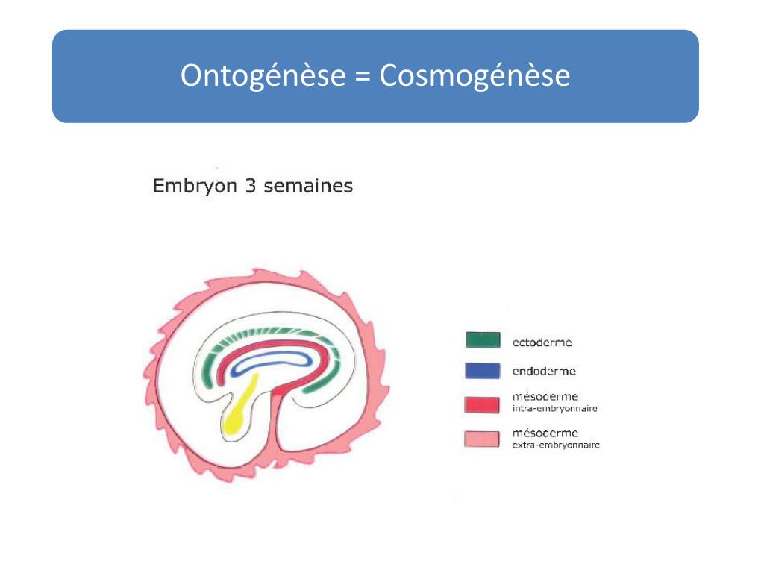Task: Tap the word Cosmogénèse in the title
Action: click(x=475, y=77)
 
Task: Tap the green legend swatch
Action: click(x=482, y=340)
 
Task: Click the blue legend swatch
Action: click(x=482, y=370)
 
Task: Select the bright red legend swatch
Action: click(x=482, y=404)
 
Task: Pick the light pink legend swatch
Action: click(x=482, y=439)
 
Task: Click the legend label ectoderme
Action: click(x=542, y=343)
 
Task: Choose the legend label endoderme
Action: click(x=544, y=371)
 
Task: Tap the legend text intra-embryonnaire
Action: click(x=555, y=409)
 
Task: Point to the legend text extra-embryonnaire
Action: click(x=557, y=445)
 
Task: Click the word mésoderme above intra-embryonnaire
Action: click(x=545, y=397)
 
